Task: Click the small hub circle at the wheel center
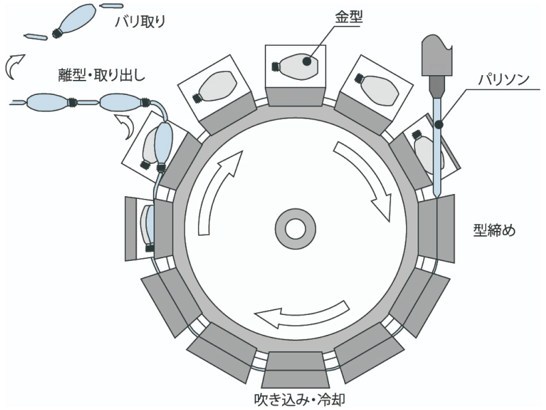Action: tap(296, 228)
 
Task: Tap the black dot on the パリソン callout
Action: tap(437, 124)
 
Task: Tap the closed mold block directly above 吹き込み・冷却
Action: tap(295, 369)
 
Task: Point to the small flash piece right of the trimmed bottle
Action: tap(112, 7)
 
